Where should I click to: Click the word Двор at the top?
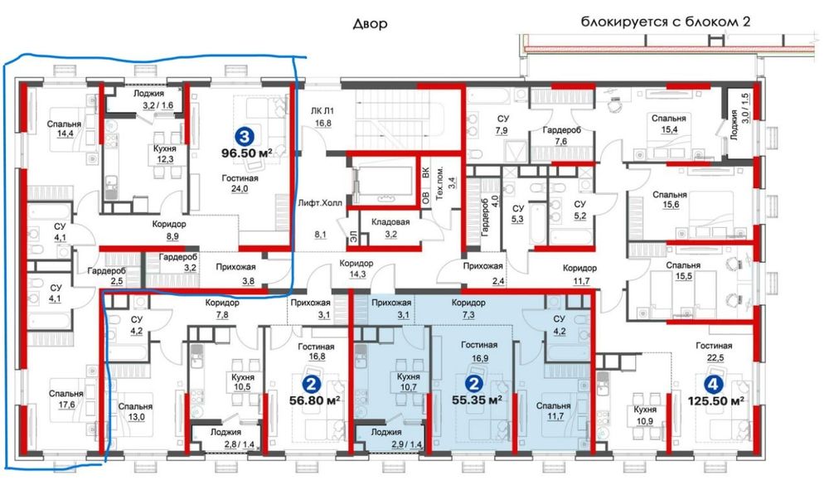coord(370,24)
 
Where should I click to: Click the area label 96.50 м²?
coord(247,153)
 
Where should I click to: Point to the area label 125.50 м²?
coord(716,401)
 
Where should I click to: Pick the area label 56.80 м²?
coord(314,400)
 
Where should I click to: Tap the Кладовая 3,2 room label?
coord(390,228)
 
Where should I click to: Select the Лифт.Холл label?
coord(320,203)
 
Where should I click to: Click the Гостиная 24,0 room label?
coord(240,183)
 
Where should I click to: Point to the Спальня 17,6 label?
coord(66,399)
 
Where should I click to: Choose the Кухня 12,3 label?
coord(165,154)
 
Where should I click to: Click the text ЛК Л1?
coord(322,111)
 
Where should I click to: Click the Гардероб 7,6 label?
coord(561,135)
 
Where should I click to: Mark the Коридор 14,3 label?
coord(356,269)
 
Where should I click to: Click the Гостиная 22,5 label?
coord(714,351)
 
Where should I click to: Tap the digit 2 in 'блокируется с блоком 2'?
coord(746,22)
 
